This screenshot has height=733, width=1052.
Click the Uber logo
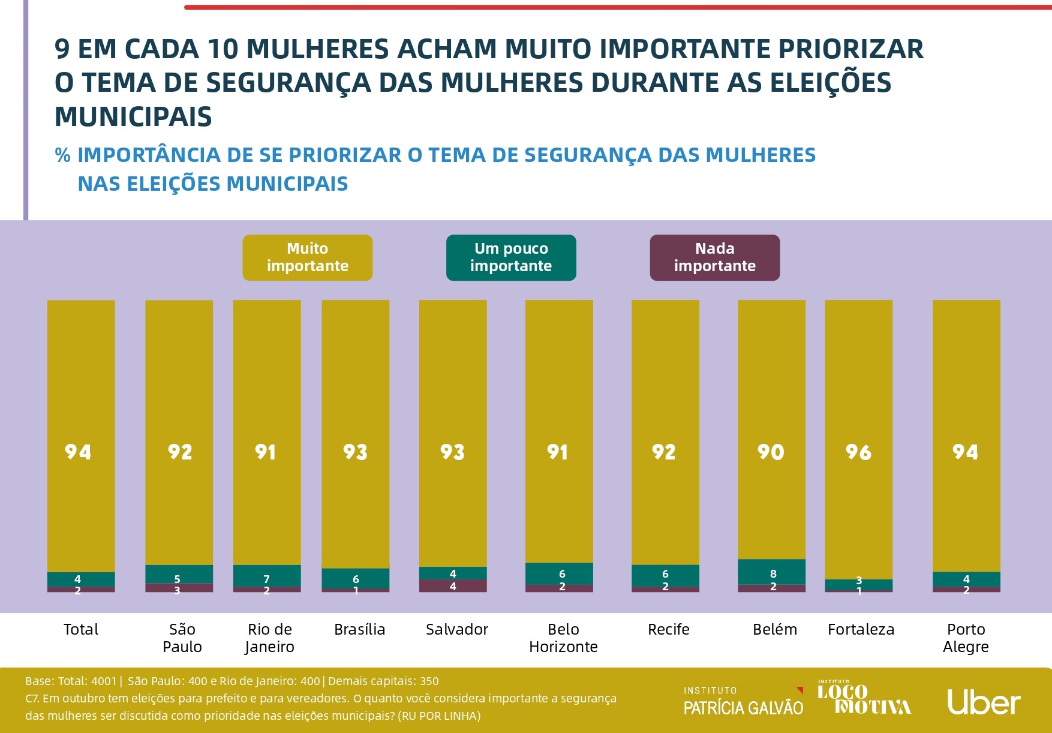[x=984, y=702]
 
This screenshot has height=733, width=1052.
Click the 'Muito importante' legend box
[x=307, y=257]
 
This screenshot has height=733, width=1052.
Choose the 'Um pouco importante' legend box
[x=511, y=257]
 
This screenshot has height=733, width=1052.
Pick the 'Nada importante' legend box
[x=714, y=257]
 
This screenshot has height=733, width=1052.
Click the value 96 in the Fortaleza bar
[x=858, y=452]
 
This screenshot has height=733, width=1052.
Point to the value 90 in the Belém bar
[x=771, y=452]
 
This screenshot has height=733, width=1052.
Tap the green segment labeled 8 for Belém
[x=772, y=572]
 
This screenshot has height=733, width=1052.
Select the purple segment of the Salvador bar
[x=453, y=586]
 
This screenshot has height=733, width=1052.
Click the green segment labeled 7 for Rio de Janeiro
[x=267, y=576]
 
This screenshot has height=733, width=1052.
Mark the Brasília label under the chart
[x=359, y=629]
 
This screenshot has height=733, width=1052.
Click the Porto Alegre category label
[x=966, y=638]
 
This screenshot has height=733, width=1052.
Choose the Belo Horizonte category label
[x=563, y=638]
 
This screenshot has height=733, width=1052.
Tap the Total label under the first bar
[x=81, y=629]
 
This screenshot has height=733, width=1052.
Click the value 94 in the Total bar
[x=78, y=452]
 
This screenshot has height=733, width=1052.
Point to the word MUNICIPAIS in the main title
[x=133, y=116]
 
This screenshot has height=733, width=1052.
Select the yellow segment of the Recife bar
[x=665, y=420]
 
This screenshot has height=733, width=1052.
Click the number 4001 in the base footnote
[x=104, y=681]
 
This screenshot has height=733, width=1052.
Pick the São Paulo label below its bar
[x=182, y=638]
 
